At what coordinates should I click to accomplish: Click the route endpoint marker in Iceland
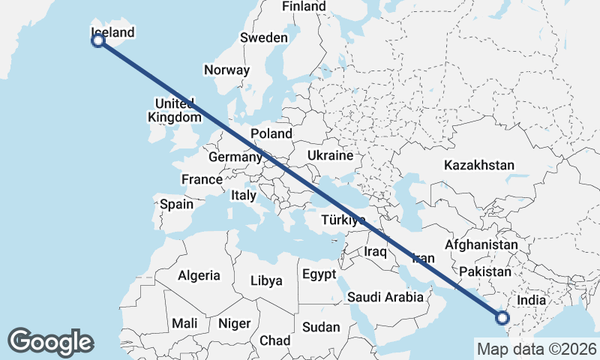(x=98, y=40)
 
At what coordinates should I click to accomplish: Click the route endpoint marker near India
(x=502, y=318)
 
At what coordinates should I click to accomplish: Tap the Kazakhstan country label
(x=478, y=165)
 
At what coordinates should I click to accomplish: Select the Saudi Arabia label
(x=385, y=297)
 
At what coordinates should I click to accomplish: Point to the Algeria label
(x=199, y=275)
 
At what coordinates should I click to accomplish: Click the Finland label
(x=304, y=7)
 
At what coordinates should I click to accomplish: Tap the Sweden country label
(x=263, y=37)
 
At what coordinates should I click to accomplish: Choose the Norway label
(x=226, y=70)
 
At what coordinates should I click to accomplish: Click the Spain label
(x=176, y=203)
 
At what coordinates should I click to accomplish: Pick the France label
(x=202, y=179)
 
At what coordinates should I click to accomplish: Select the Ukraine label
(x=329, y=156)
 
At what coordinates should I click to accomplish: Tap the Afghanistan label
(x=481, y=245)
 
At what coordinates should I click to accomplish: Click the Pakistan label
(x=484, y=271)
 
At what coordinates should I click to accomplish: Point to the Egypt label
(x=319, y=274)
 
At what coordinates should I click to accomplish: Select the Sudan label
(x=321, y=327)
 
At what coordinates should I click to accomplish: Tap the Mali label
(x=184, y=323)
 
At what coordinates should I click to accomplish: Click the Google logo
(x=50, y=341)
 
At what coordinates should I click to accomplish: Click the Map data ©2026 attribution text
(x=536, y=349)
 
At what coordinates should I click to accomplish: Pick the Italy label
(x=243, y=195)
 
